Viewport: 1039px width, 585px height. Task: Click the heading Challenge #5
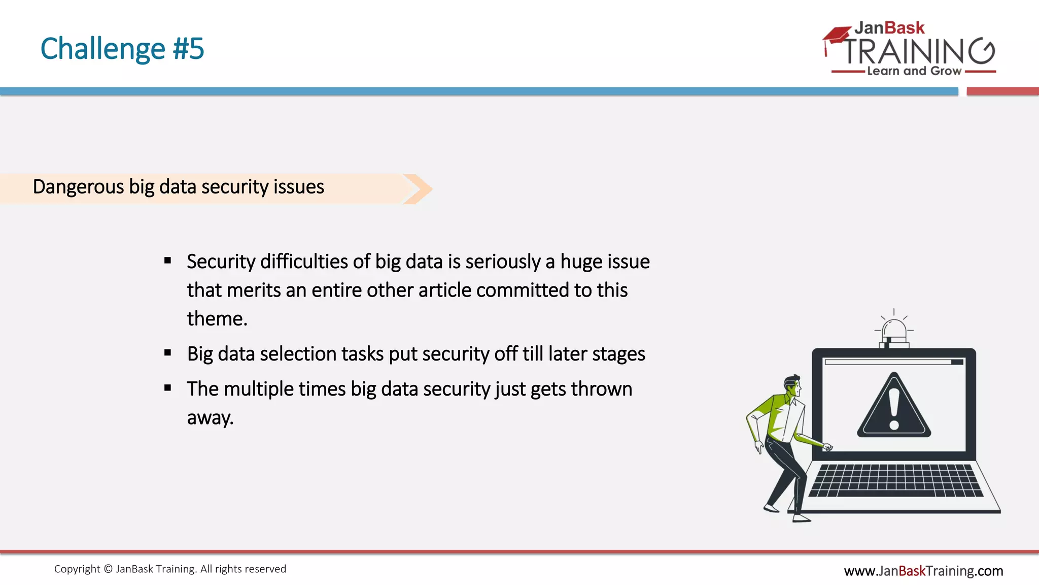122,49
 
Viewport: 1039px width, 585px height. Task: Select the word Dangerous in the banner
78,187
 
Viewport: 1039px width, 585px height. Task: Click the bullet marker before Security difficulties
168,261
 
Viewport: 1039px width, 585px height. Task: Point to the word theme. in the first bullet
217,319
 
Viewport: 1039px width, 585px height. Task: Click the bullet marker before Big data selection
168,353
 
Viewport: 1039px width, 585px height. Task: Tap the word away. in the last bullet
210,418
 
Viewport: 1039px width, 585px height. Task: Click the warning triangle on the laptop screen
894,406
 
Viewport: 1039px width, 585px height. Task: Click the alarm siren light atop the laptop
894,333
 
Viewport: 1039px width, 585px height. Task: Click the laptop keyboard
895,480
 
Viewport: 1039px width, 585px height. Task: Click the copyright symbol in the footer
108,569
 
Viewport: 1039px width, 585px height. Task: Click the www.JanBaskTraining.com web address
923,571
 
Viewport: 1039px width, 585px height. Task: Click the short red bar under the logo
1002,91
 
